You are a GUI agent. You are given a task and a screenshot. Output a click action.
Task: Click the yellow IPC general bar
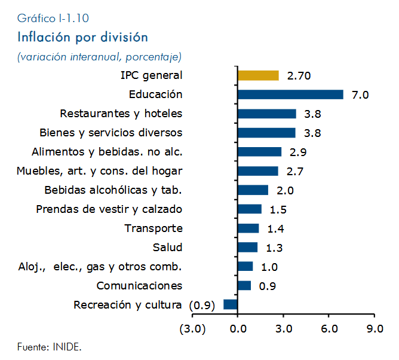pyautogui.click(x=258, y=75)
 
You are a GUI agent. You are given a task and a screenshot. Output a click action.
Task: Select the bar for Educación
pyautogui.click(x=291, y=94)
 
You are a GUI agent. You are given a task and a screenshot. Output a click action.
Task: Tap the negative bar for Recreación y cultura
pyautogui.click(x=231, y=304)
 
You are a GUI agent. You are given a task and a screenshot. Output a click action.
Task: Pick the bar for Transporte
pyautogui.click(x=248, y=228)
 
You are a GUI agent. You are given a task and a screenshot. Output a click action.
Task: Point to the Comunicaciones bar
pyautogui.click(x=244, y=285)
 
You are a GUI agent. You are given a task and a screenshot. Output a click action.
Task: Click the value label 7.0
pyautogui.click(x=360, y=95)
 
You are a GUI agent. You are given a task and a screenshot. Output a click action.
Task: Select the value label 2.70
pyautogui.click(x=299, y=76)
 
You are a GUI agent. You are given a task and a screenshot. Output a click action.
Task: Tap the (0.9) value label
pyautogui.click(x=202, y=305)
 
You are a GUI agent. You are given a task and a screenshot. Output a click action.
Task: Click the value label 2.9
pyautogui.click(x=298, y=152)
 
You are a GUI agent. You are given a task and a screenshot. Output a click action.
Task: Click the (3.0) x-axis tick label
pyautogui.click(x=192, y=329)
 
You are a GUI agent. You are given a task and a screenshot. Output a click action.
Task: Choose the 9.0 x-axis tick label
pyautogui.click(x=375, y=329)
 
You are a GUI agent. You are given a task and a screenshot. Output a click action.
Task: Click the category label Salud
pyautogui.click(x=167, y=248)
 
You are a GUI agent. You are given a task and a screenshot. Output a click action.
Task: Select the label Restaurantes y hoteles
pyautogui.click(x=121, y=114)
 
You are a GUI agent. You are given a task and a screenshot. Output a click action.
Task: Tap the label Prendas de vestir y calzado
pyautogui.click(x=109, y=209)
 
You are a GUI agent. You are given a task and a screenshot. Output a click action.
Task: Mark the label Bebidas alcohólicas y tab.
pyautogui.click(x=113, y=190)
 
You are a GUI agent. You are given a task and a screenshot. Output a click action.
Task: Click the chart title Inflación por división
pyautogui.click(x=82, y=37)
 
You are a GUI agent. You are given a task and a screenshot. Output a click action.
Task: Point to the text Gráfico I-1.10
pyautogui.click(x=53, y=19)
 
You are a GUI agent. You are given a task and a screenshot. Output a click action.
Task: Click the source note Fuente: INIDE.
pyautogui.click(x=50, y=347)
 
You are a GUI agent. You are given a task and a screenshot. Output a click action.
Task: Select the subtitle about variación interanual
pyautogui.click(x=100, y=57)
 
